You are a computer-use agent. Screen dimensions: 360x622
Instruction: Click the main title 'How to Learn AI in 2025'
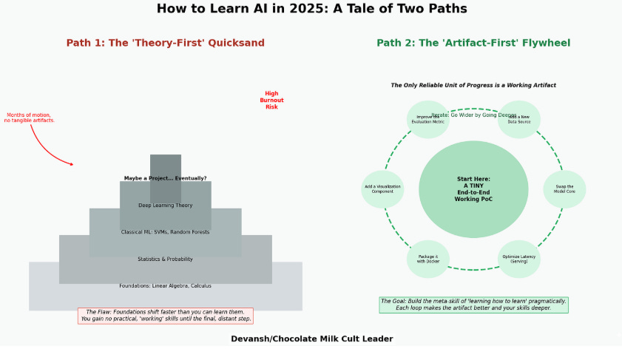pyautogui.click(x=311, y=9)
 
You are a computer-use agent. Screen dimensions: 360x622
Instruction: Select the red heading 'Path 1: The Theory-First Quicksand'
pyautogui.click(x=165, y=43)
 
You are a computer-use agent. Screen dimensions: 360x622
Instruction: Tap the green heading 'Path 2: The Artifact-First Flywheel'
pyautogui.click(x=473, y=43)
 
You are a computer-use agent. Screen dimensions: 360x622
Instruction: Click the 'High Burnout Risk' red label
pyautogui.click(x=271, y=101)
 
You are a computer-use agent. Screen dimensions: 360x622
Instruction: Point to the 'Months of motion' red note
pyautogui.click(x=30, y=118)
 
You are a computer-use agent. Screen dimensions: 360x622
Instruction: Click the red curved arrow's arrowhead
pyautogui.click(x=72, y=163)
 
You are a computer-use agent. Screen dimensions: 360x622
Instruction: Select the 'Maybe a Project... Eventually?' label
pyautogui.click(x=165, y=178)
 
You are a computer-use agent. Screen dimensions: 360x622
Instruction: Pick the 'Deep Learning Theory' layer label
pyautogui.click(x=165, y=205)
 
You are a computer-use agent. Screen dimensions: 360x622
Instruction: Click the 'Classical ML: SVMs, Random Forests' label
pyautogui.click(x=165, y=232)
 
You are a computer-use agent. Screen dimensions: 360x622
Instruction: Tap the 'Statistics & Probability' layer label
pyautogui.click(x=165, y=259)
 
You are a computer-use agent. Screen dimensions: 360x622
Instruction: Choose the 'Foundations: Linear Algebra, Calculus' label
pyautogui.click(x=165, y=285)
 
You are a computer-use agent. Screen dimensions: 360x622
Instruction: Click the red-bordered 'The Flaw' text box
pyautogui.click(x=165, y=316)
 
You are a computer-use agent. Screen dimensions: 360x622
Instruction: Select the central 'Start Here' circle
pyautogui.click(x=473, y=189)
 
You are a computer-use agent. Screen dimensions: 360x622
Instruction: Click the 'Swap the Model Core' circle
pyautogui.click(x=564, y=189)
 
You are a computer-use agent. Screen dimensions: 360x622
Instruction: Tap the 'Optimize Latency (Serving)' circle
pyautogui.click(x=519, y=259)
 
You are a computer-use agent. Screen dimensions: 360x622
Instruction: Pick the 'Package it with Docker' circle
pyautogui.click(x=428, y=259)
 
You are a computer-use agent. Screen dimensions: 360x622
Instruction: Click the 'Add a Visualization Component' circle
pyautogui.click(x=382, y=189)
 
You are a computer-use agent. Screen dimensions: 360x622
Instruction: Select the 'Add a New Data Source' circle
pyautogui.click(x=519, y=119)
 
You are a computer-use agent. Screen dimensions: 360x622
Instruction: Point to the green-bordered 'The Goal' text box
pyautogui.click(x=473, y=305)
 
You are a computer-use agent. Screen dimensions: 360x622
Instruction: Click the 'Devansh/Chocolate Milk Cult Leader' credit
pyautogui.click(x=311, y=339)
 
